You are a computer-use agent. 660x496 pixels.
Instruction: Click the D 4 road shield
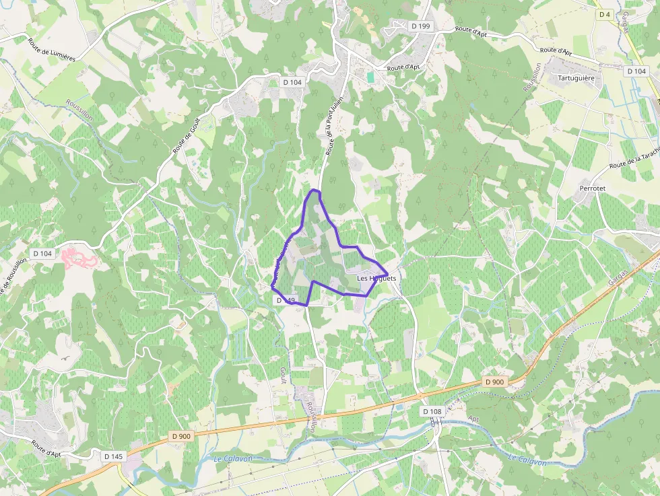click(x=604, y=14)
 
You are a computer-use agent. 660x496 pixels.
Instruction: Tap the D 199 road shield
click(x=420, y=26)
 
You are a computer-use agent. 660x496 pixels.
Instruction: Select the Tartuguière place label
click(x=576, y=78)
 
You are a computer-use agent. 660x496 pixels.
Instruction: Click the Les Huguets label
click(x=376, y=278)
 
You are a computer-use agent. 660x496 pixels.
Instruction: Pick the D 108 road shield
click(x=432, y=411)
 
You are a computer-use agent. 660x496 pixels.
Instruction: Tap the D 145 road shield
click(x=114, y=456)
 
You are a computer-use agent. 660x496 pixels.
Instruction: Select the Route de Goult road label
click(x=187, y=135)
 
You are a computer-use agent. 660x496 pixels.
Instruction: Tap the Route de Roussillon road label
click(x=13, y=277)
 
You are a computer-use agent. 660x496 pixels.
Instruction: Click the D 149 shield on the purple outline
click(x=286, y=300)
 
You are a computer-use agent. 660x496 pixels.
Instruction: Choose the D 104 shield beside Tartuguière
click(x=636, y=71)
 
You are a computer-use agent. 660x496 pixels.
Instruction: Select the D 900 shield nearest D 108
click(x=494, y=382)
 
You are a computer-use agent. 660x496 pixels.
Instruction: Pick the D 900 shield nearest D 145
click(x=180, y=436)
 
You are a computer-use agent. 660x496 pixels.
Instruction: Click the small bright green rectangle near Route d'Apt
click(x=370, y=77)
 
